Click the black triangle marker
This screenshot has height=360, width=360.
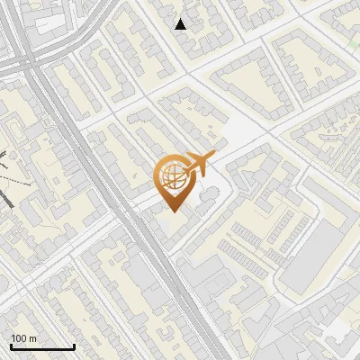(181, 23)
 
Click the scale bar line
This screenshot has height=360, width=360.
(42, 347)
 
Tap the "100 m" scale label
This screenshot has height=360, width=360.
(24, 338)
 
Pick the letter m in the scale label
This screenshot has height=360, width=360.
(33, 338)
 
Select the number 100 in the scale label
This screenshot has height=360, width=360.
(19, 338)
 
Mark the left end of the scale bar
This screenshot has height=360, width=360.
(11, 347)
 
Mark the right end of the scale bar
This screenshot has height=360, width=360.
(74, 347)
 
